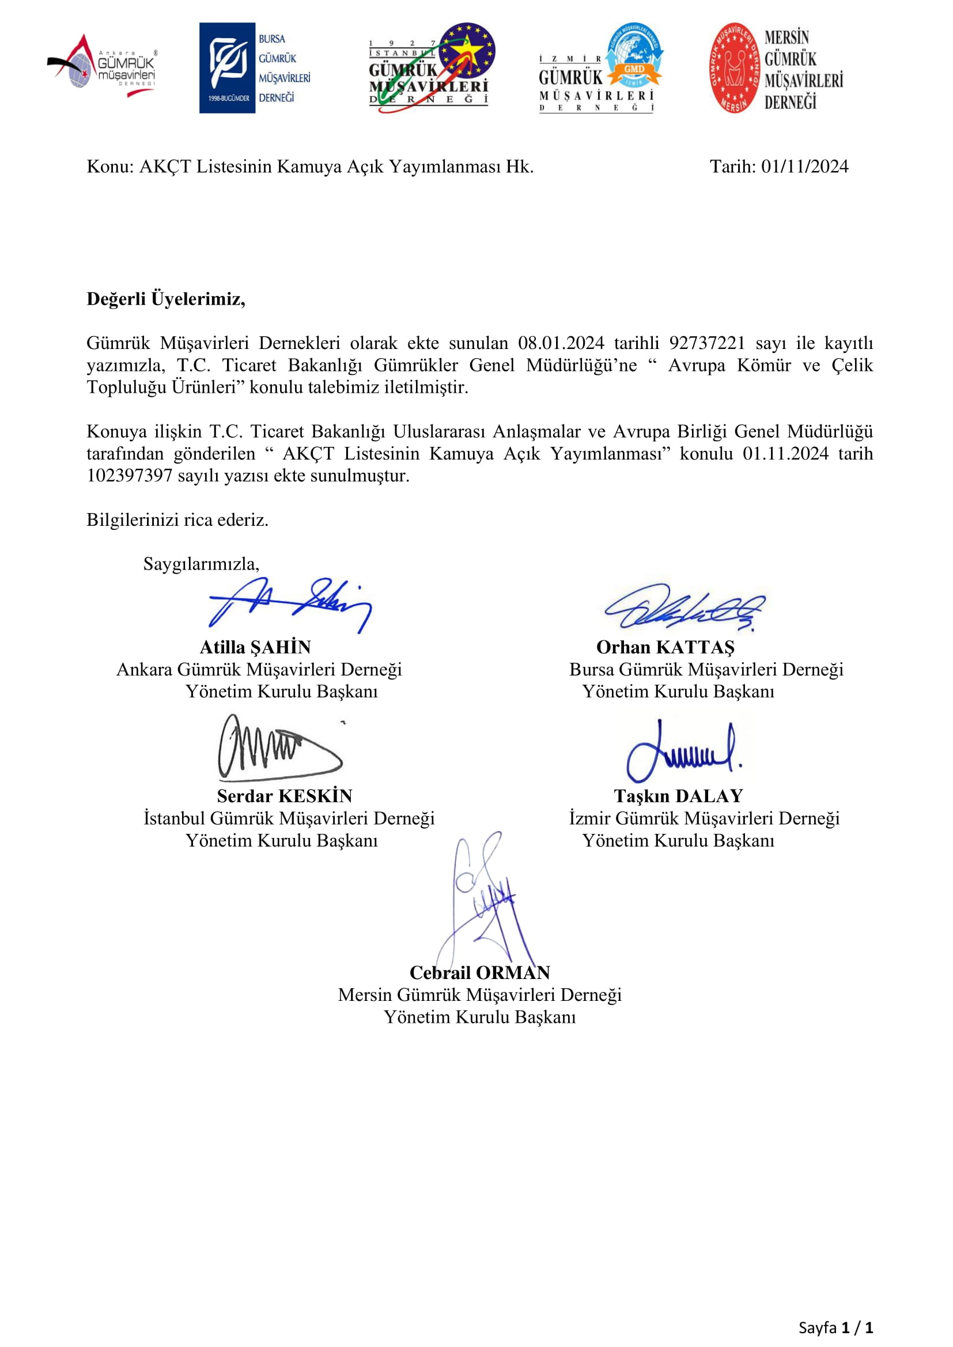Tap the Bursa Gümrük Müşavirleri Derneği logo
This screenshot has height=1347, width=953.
tap(254, 68)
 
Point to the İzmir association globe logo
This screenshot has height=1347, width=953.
tap(602, 68)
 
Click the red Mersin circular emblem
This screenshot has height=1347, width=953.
tap(733, 68)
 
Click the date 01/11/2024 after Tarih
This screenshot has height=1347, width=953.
tap(804, 166)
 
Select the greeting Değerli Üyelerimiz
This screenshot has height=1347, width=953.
tap(165, 299)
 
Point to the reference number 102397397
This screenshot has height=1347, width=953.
tap(129, 475)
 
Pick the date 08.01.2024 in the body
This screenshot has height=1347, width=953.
tap(561, 343)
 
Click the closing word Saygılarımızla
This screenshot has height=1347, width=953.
tap(201, 564)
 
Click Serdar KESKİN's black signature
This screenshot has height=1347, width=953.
tap(279, 748)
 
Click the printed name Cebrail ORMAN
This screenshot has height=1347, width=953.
tap(479, 973)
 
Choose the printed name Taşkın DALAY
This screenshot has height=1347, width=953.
tap(678, 796)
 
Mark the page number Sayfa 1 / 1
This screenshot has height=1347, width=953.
tap(835, 1327)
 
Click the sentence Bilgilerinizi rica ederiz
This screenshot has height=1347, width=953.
tap(177, 520)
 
